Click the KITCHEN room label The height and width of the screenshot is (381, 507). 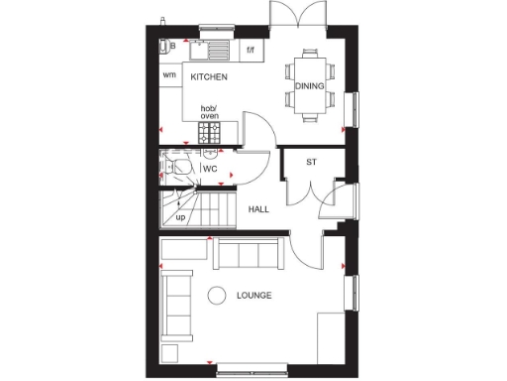click(210, 76)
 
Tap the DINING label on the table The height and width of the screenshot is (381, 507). click(309, 86)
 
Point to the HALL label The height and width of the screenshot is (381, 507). click(259, 209)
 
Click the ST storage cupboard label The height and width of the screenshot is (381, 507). click(311, 162)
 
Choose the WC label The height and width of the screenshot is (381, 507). click(210, 169)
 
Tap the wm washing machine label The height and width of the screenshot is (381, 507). click(169, 75)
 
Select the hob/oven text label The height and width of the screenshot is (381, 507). click(209, 112)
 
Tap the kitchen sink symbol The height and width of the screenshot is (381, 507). click(212, 46)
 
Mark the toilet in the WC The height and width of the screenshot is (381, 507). click(176, 166)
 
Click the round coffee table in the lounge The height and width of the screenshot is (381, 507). click(216, 295)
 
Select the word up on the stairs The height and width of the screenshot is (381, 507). click(180, 216)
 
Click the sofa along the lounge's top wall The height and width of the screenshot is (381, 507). click(250, 255)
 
